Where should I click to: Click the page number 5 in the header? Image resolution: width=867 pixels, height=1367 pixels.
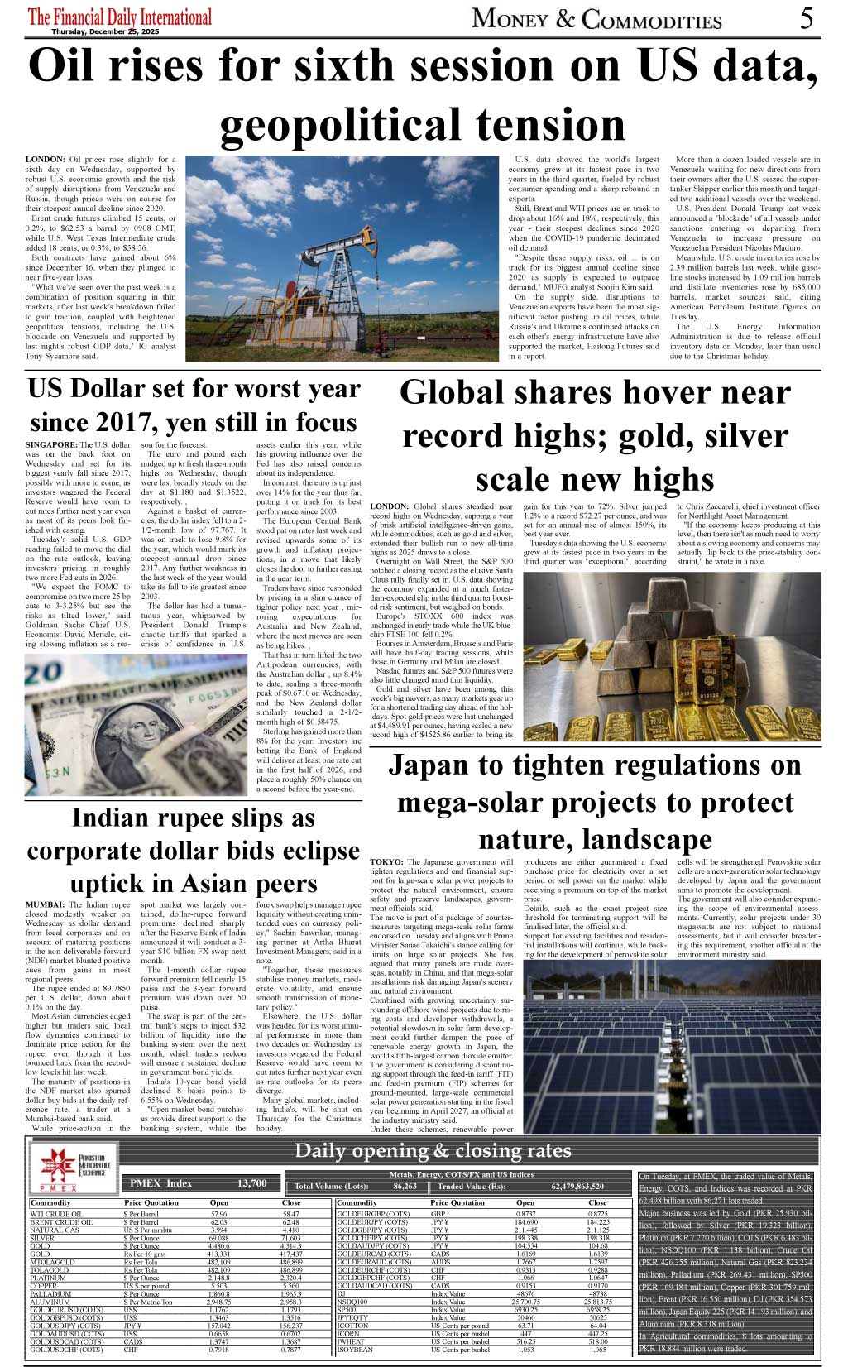coord(807,18)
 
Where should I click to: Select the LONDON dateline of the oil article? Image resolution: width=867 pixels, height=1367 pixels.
coord(46,159)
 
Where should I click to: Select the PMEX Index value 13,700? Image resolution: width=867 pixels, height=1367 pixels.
coord(251,1183)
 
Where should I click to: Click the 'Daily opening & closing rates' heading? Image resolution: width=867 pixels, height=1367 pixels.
coord(433,1150)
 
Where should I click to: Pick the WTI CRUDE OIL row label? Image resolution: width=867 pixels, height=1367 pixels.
coord(55,1215)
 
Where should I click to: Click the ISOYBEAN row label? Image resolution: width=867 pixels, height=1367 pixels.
coord(355,1350)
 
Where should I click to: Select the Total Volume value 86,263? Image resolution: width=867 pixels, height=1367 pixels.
coord(405,1187)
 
